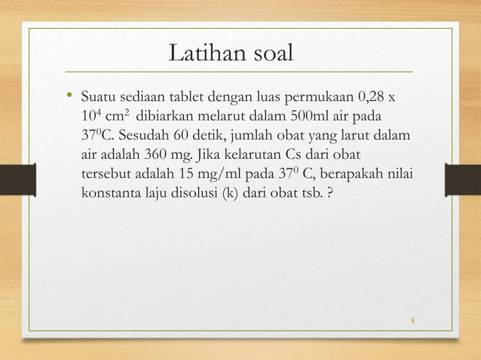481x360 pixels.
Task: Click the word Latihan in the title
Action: [x=202, y=54]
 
